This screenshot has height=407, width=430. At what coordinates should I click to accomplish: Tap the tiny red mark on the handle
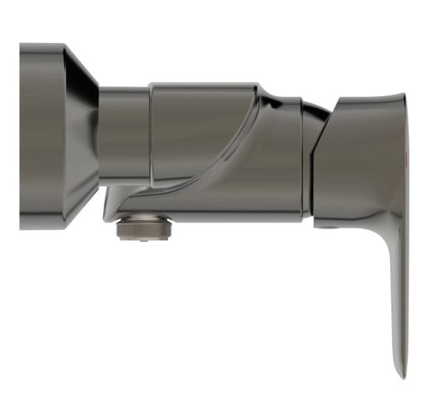(x=406, y=160)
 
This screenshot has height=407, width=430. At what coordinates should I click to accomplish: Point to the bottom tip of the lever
(x=401, y=374)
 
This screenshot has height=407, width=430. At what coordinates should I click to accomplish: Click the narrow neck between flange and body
(x=124, y=137)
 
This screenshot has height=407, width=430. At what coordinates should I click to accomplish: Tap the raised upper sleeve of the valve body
(x=200, y=111)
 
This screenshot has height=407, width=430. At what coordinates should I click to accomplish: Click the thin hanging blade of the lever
(x=397, y=296)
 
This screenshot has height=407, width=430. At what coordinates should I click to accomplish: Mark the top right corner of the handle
(x=403, y=96)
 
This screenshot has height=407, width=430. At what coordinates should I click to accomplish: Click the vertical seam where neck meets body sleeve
(x=150, y=137)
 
